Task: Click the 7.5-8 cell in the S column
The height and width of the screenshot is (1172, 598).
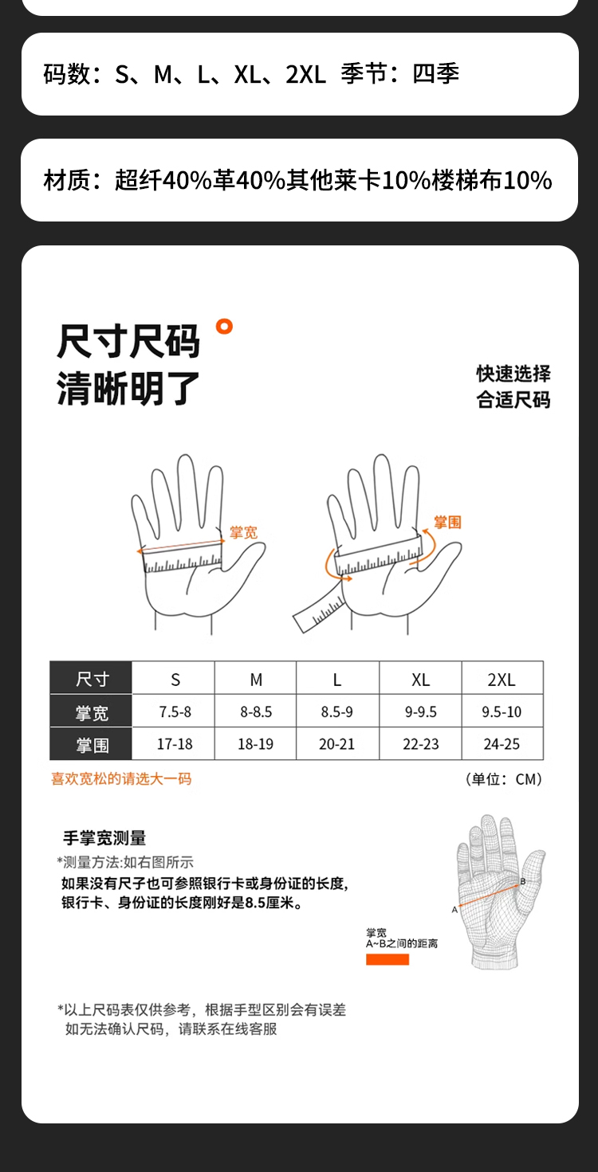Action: [175, 711]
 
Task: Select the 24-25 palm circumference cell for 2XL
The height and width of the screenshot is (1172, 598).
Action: [502, 744]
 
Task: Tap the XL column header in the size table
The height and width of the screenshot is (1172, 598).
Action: [420, 680]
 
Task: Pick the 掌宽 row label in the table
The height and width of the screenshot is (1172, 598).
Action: [92, 712]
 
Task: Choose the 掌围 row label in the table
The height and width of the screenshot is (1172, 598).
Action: [92, 745]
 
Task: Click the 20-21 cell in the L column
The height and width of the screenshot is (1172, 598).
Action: [336, 744]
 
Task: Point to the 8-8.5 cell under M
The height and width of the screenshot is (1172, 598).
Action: [256, 711]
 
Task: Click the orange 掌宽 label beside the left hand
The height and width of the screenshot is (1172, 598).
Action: [243, 533]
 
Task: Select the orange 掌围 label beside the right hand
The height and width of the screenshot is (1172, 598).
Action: [448, 522]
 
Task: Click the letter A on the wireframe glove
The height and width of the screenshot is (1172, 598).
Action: [454, 910]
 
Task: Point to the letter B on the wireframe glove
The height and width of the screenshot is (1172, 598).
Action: [522, 882]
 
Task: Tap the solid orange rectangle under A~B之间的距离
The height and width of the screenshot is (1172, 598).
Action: [388, 959]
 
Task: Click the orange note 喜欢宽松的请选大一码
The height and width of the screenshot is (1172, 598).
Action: [121, 778]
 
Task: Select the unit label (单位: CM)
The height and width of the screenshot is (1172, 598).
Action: [503, 779]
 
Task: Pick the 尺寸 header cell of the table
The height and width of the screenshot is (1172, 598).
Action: [92, 679]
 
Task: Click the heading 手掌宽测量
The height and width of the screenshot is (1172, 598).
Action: [104, 837]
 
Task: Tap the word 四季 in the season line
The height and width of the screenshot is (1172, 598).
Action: [435, 73]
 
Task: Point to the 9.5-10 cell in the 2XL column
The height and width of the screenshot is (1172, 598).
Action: [502, 711]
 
